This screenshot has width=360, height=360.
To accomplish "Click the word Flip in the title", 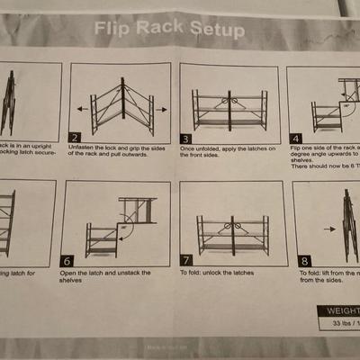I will (x=114, y=31).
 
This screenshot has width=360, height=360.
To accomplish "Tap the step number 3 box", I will (x=186, y=139).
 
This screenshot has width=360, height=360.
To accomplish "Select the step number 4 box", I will (x=296, y=139).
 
